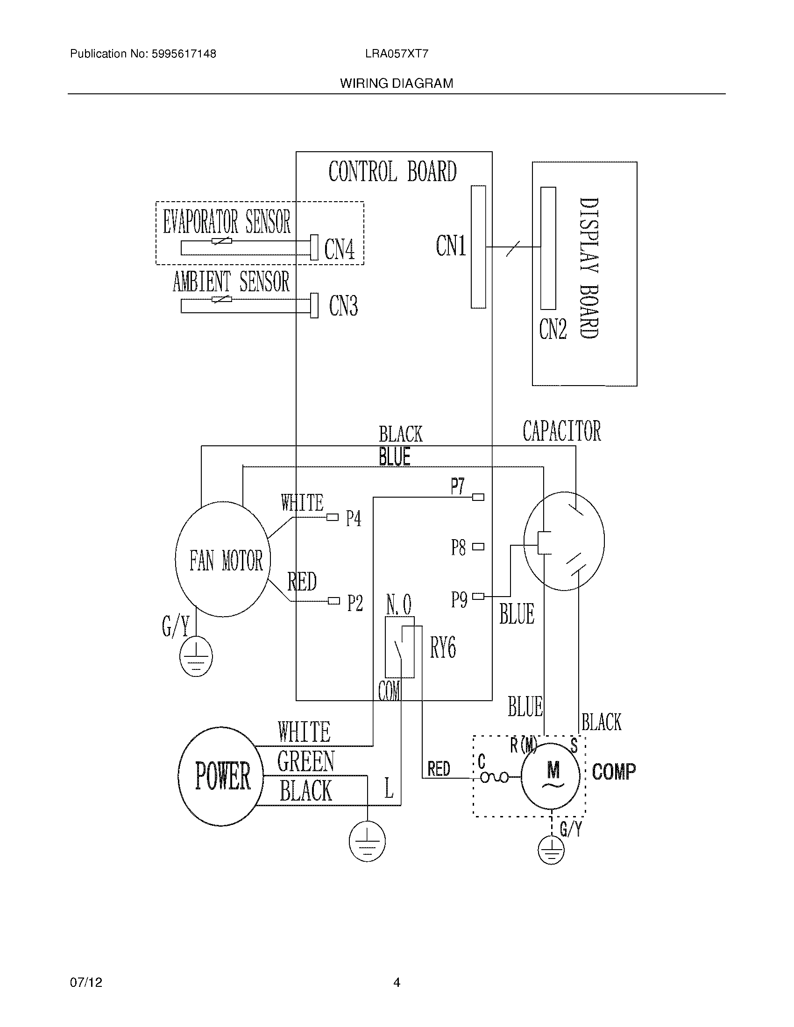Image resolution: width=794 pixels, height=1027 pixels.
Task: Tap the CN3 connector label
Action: point(343,306)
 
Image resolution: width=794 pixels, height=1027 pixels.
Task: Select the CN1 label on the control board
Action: point(451,246)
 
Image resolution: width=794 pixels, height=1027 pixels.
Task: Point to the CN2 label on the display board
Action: point(553,329)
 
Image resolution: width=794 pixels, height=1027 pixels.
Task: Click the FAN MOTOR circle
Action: point(223,559)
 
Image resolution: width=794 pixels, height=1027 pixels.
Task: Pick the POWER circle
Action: point(221,776)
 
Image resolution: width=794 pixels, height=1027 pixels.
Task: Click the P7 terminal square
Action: point(478,497)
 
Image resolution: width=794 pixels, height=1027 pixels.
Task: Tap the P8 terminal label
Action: point(458,548)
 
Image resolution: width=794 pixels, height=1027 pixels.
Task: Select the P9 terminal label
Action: point(459,599)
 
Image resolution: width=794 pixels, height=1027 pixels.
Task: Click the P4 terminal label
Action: point(354,519)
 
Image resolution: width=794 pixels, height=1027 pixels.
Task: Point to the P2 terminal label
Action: point(355,603)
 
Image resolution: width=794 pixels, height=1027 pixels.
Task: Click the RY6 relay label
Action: point(443,647)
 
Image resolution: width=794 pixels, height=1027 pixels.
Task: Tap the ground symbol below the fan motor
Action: point(196,656)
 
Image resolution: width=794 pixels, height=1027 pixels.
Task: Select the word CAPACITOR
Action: point(561,431)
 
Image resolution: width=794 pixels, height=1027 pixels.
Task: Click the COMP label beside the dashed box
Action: point(613,772)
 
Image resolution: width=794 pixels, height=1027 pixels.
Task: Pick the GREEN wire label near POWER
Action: point(305,761)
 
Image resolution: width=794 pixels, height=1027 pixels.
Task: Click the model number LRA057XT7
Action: point(397,54)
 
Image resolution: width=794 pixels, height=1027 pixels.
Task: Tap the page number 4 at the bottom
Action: point(397,982)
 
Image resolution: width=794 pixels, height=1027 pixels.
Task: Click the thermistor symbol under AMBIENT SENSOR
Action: point(221,299)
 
